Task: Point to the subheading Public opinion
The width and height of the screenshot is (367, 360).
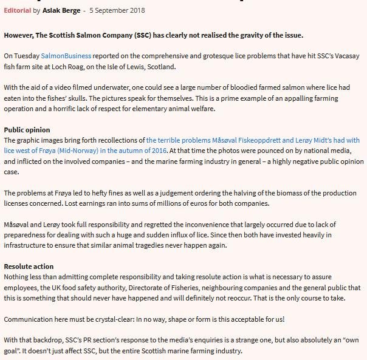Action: [27, 130]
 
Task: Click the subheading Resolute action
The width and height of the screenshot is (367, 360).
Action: [29, 267]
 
